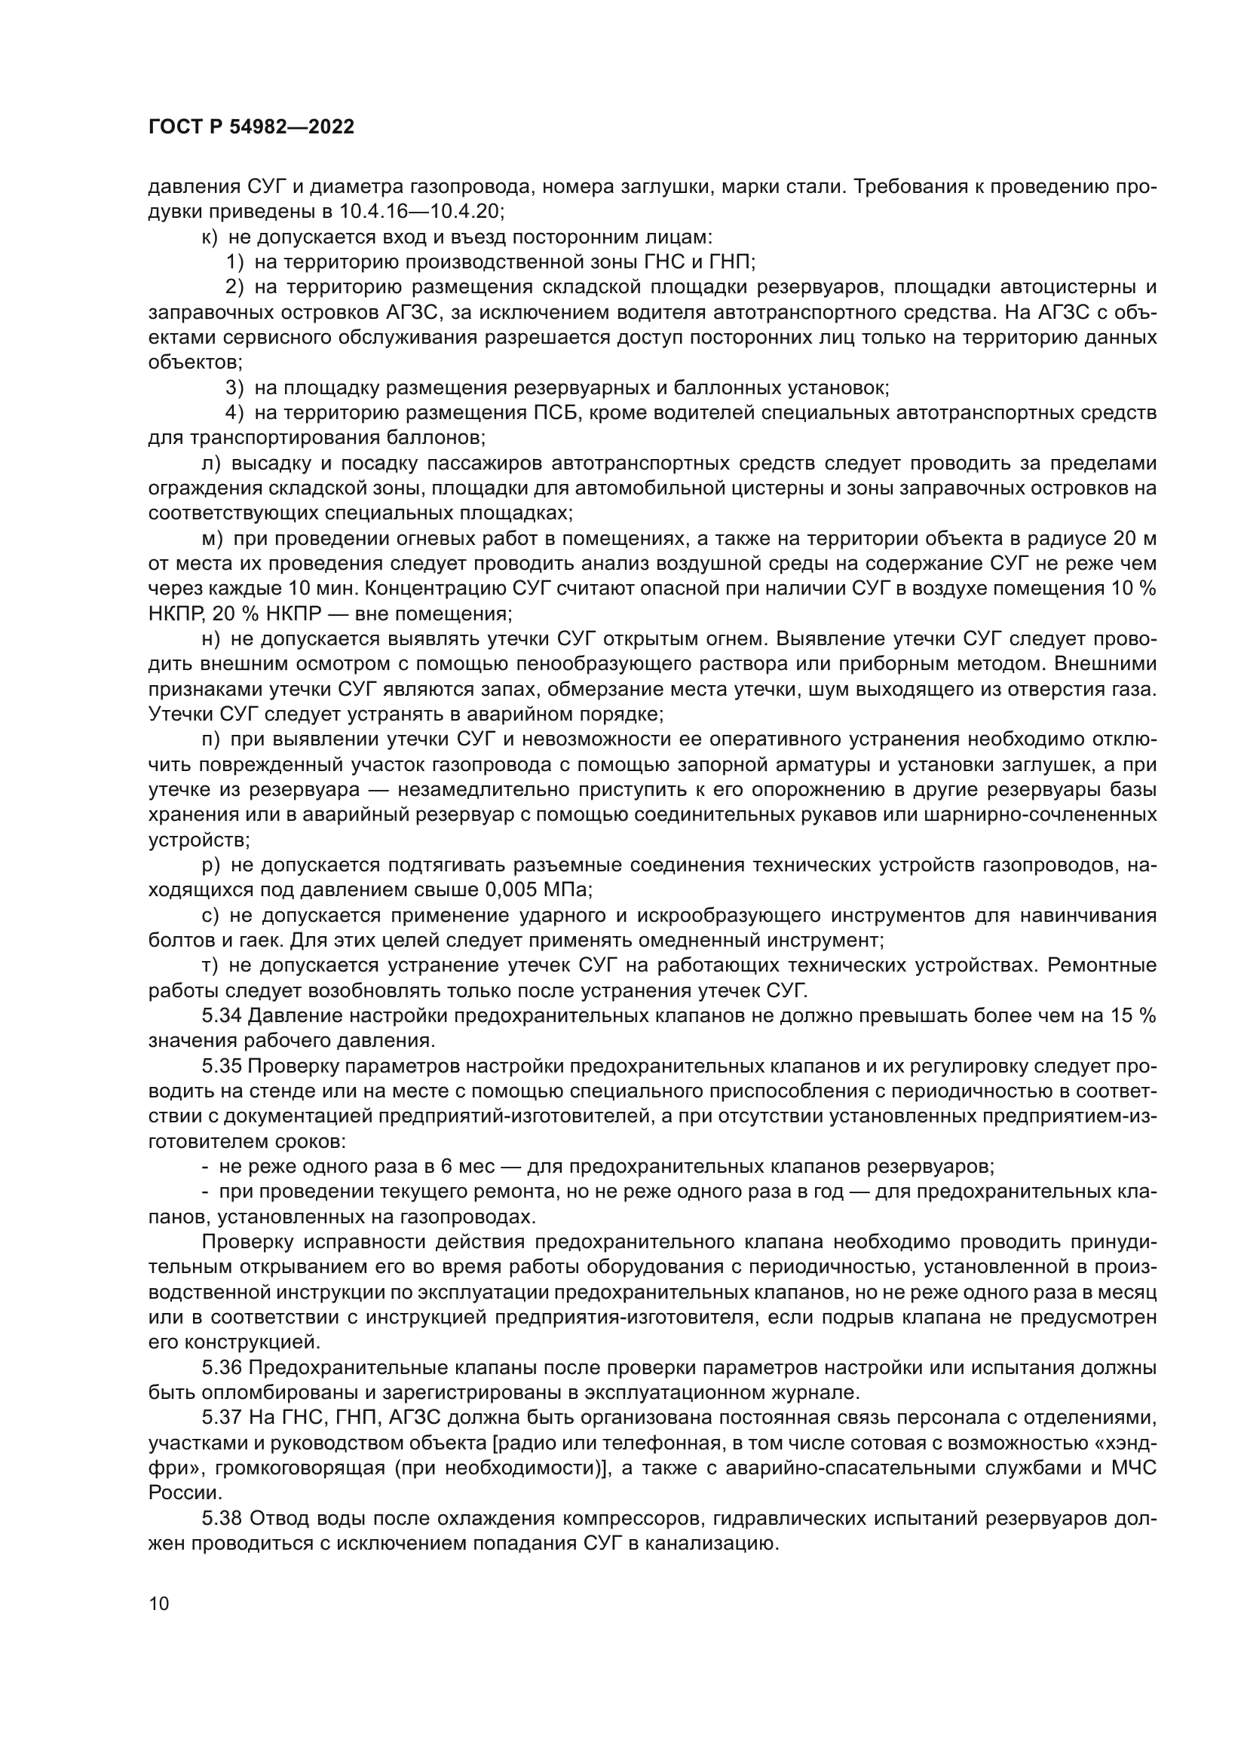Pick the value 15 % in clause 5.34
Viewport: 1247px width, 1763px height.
click(1132, 1016)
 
